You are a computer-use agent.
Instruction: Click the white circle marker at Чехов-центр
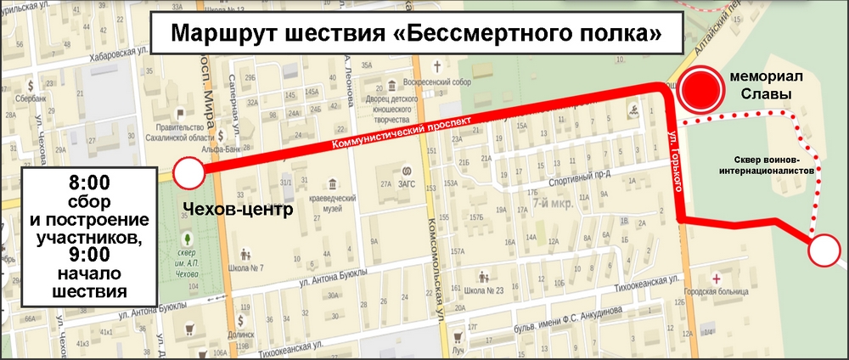188,173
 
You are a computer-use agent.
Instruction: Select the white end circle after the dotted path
824,252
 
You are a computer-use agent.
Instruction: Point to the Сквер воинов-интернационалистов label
777,164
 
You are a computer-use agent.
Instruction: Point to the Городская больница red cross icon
718,278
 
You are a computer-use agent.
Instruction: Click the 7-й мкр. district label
551,204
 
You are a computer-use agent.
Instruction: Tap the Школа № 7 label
245,267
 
